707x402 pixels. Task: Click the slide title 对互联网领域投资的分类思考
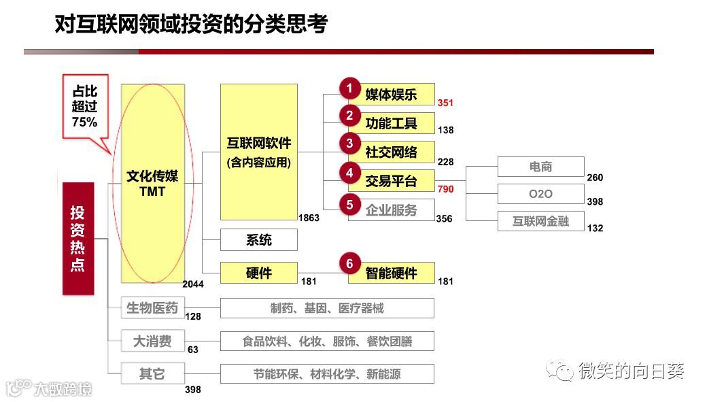point(191,24)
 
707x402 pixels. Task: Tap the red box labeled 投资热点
point(78,238)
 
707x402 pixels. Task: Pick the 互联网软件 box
point(258,151)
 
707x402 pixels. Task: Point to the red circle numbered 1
point(349,88)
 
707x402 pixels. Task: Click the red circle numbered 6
point(349,264)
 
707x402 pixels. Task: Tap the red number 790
point(445,188)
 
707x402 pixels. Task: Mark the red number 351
point(445,103)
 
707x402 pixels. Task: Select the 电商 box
point(540,167)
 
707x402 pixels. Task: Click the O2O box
point(540,194)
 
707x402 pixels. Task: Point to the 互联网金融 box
point(540,221)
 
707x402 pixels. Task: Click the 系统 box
point(258,239)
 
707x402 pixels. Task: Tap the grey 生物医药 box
point(152,308)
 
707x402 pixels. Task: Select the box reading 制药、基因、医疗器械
point(326,308)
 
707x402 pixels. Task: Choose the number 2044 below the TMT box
point(193,284)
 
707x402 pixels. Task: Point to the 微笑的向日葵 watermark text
point(631,371)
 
